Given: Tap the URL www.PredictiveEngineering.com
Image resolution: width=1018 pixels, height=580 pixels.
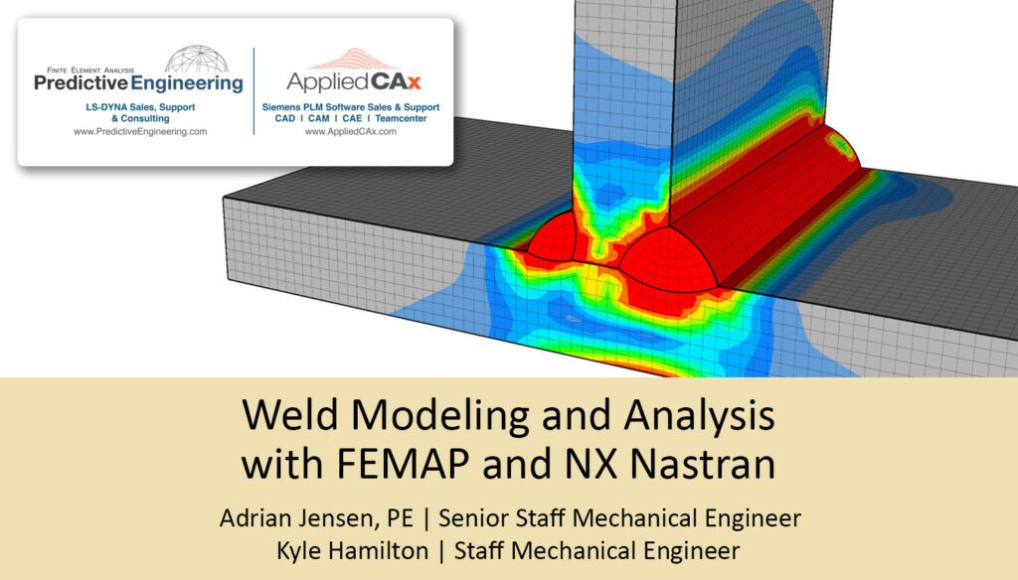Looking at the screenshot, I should tap(140, 131).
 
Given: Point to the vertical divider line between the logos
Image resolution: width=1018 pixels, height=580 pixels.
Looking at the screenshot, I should tap(254, 89).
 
